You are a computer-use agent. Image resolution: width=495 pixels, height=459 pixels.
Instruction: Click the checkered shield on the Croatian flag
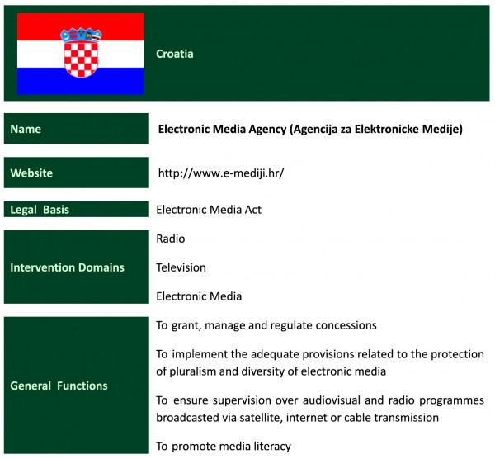[81, 59]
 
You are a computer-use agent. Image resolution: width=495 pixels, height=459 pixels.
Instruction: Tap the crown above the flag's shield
[81, 35]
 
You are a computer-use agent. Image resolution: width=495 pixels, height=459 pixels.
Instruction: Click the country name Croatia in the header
[175, 54]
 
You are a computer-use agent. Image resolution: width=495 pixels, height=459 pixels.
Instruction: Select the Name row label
[26, 129]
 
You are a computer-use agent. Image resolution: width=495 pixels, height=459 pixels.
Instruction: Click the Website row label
[31, 173]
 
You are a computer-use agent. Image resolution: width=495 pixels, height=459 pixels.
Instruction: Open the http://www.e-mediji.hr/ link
[221, 173]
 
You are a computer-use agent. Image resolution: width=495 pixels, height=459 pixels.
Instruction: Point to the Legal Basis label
[40, 210]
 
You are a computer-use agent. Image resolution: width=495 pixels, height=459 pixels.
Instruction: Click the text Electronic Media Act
[209, 210]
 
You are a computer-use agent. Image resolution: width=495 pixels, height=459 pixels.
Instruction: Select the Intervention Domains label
[68, 267]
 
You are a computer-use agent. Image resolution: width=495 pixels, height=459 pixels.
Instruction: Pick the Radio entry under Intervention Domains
[171, 239]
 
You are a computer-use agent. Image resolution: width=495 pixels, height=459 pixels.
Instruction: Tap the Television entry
[181, 267]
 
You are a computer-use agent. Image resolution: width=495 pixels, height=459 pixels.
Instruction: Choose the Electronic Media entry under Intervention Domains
[199, 296]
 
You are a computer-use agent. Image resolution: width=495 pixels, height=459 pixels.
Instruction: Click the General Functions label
[59, 386]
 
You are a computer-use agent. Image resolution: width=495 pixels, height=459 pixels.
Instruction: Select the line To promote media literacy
[224, 447]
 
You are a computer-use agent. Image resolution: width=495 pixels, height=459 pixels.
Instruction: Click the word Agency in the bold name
[267, 130]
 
